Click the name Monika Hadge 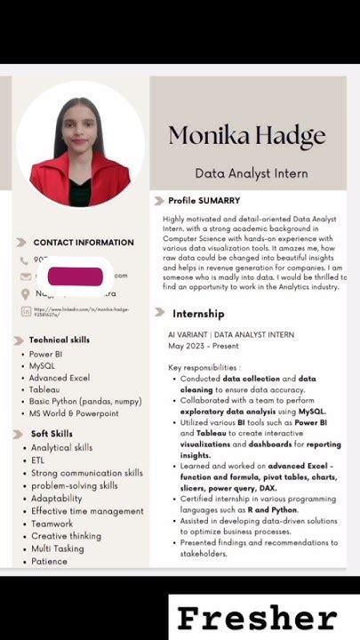tap(247, 136)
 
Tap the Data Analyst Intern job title tap(252, 173)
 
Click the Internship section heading tap(198, 313)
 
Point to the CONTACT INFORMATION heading tap(84, 242)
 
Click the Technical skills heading tap(59, 340)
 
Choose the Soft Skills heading tap(52, 434)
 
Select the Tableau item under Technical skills tap(45, 389)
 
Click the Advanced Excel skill tap(60, 378)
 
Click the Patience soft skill tap(49, 561)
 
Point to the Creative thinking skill tap(66, 536)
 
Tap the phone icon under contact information tap(24, 260)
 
